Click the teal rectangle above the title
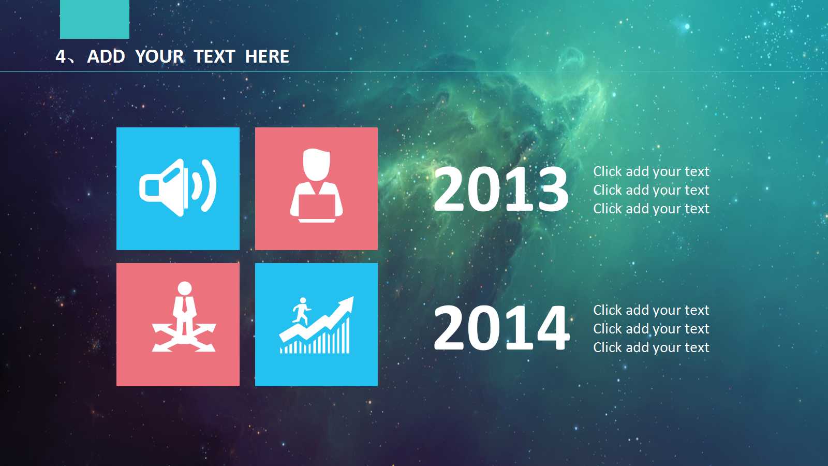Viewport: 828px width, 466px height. [95, 19]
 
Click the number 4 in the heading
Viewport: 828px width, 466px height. [61, 56]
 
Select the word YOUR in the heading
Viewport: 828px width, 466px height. [159, 56]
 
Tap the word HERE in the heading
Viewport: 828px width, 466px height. [267, 56]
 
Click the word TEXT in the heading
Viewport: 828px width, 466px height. [214, 56]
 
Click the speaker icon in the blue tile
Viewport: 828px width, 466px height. [178, 187]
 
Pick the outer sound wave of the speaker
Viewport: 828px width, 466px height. [210, 186]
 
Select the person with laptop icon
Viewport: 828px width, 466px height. [316, 186]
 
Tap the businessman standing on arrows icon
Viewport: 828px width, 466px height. [184, 317]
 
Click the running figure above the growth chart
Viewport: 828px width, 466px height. [302, 311]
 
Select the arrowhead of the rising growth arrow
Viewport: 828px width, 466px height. [345, 305]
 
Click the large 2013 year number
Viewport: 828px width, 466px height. [501, 189]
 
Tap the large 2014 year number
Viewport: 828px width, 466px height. [501, 328]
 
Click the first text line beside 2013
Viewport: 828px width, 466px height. [651, 171]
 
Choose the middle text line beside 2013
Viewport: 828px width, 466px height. [651, 190]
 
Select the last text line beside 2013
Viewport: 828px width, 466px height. [651, 209]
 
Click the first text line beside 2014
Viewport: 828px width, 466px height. [651, 310]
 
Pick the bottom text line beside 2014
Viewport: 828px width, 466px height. [651, 347]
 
